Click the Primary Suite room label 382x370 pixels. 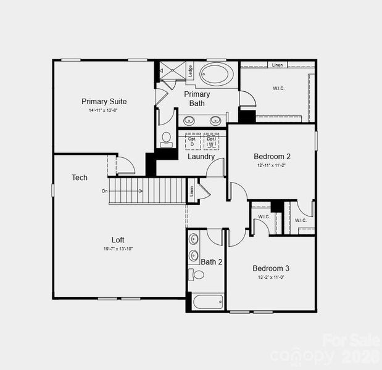[x=104, y=101]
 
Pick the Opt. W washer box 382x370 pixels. [x=211, y=141]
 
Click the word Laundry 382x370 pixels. [x=201, y=157]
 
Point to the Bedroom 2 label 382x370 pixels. [x=272, y=157]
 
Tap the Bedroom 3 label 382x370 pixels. [x=271, y=268]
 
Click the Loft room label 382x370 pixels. [x=118, y=240]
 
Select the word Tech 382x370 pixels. [x=80, y=178]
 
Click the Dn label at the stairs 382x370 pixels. [x=105, y=191]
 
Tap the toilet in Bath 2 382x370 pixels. [x=197, y=275]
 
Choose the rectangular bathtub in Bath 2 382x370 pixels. [x=208, y=302]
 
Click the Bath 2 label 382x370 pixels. [x=212, y=262]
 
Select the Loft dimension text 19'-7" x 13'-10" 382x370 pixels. [x=118, y=249]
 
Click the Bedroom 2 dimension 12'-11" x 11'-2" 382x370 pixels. [x=272, y=166]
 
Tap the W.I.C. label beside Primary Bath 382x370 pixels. [x=279, y=88]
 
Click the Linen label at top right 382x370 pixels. [x=277, y=65]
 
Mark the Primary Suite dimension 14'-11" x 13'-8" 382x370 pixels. [x=104, y=110]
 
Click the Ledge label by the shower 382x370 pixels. [x=191, y=72]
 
